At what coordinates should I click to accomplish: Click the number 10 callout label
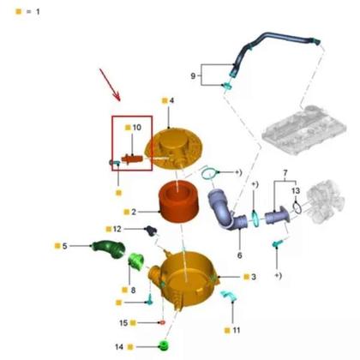coord(137,128)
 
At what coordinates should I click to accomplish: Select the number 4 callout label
coord(171,100)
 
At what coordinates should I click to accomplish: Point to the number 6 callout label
coord(240,255)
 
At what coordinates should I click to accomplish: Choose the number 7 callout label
coord(280,175)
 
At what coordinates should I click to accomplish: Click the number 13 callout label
coord(296,190)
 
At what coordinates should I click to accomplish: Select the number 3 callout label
coord(253,277)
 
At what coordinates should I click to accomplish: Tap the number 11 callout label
coord(237,329)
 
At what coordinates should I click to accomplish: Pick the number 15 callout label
coord(123,323)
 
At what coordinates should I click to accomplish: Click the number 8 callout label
coord(134,291)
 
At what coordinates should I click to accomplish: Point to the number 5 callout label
coord(64,247)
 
